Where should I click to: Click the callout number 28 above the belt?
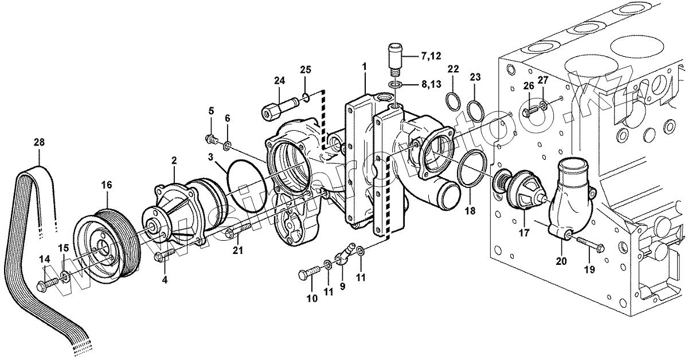38,142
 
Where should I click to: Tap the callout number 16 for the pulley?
107,185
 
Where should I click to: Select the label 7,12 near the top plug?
431,56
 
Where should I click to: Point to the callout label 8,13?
432,84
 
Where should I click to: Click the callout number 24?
279,81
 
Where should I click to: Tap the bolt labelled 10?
308,275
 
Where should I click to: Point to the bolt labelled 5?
211,138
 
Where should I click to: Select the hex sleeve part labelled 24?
279,109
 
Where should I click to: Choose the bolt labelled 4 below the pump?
165,254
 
